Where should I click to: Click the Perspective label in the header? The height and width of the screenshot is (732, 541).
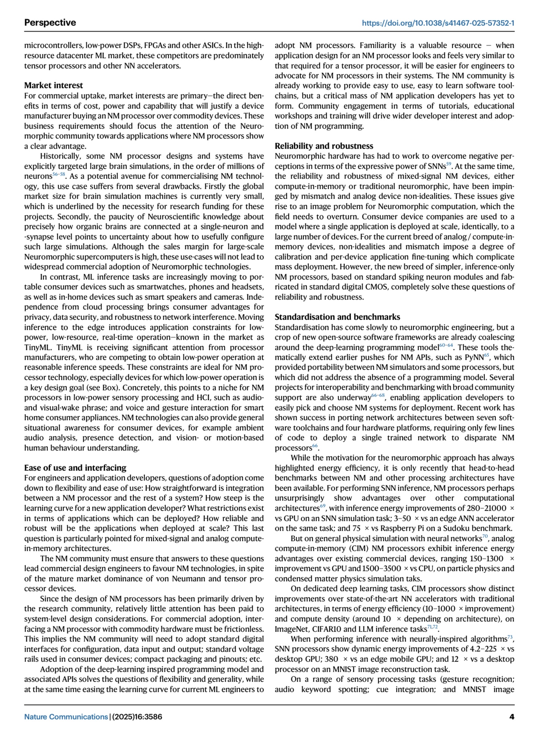click(x=50, y=23)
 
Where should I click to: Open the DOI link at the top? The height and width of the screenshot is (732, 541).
click(x=438, y=23)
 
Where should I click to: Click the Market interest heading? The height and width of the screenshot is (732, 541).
click(x=53, y=85)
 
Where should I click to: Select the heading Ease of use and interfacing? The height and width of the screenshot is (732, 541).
click(x=75, y=467)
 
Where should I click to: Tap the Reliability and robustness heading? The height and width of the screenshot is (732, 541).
click(x=324, y=146)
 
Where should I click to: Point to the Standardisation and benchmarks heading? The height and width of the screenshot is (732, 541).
click(x=337, y=317)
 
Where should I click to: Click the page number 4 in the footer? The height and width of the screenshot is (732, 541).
click(x=512, y=717)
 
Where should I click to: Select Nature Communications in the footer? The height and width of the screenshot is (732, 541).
click(x=66, y=717)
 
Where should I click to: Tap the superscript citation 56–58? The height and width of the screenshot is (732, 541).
click(x=59, y=174)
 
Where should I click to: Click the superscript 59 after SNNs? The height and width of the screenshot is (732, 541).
click(x=449, y=164)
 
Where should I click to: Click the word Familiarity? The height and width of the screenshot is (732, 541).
click(x=380, y=45)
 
